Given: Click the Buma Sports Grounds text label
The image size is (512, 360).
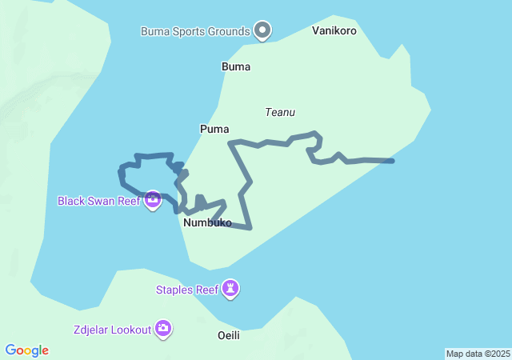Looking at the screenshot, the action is tap(195, 32).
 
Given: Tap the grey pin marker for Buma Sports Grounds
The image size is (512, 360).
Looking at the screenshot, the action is tap(262, 30).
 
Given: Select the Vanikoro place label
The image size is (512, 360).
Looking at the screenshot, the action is tap(334, 31).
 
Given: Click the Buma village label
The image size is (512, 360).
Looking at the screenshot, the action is tap(236, 67).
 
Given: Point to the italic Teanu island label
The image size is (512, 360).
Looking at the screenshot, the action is tap(281, 113).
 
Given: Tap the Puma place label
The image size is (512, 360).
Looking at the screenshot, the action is tap(214, 129).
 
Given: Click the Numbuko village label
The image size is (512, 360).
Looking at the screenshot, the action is tap(207, 223).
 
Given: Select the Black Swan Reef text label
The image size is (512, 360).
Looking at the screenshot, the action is tap(98, 201).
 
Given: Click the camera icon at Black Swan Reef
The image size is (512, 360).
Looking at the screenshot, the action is tap(152, 199).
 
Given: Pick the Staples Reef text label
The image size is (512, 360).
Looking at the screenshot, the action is tap(186, 290).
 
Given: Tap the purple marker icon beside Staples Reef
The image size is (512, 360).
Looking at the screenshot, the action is tap(230, 288).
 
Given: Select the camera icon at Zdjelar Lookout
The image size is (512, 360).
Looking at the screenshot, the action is tap(163, 328).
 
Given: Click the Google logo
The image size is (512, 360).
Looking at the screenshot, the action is tap(27, 350).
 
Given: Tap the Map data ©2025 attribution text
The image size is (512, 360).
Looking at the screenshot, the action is tap(478, 354).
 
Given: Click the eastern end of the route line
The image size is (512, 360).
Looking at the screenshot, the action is tap(392, 162).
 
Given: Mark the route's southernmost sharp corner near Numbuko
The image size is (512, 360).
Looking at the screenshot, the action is tap(250, 228).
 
